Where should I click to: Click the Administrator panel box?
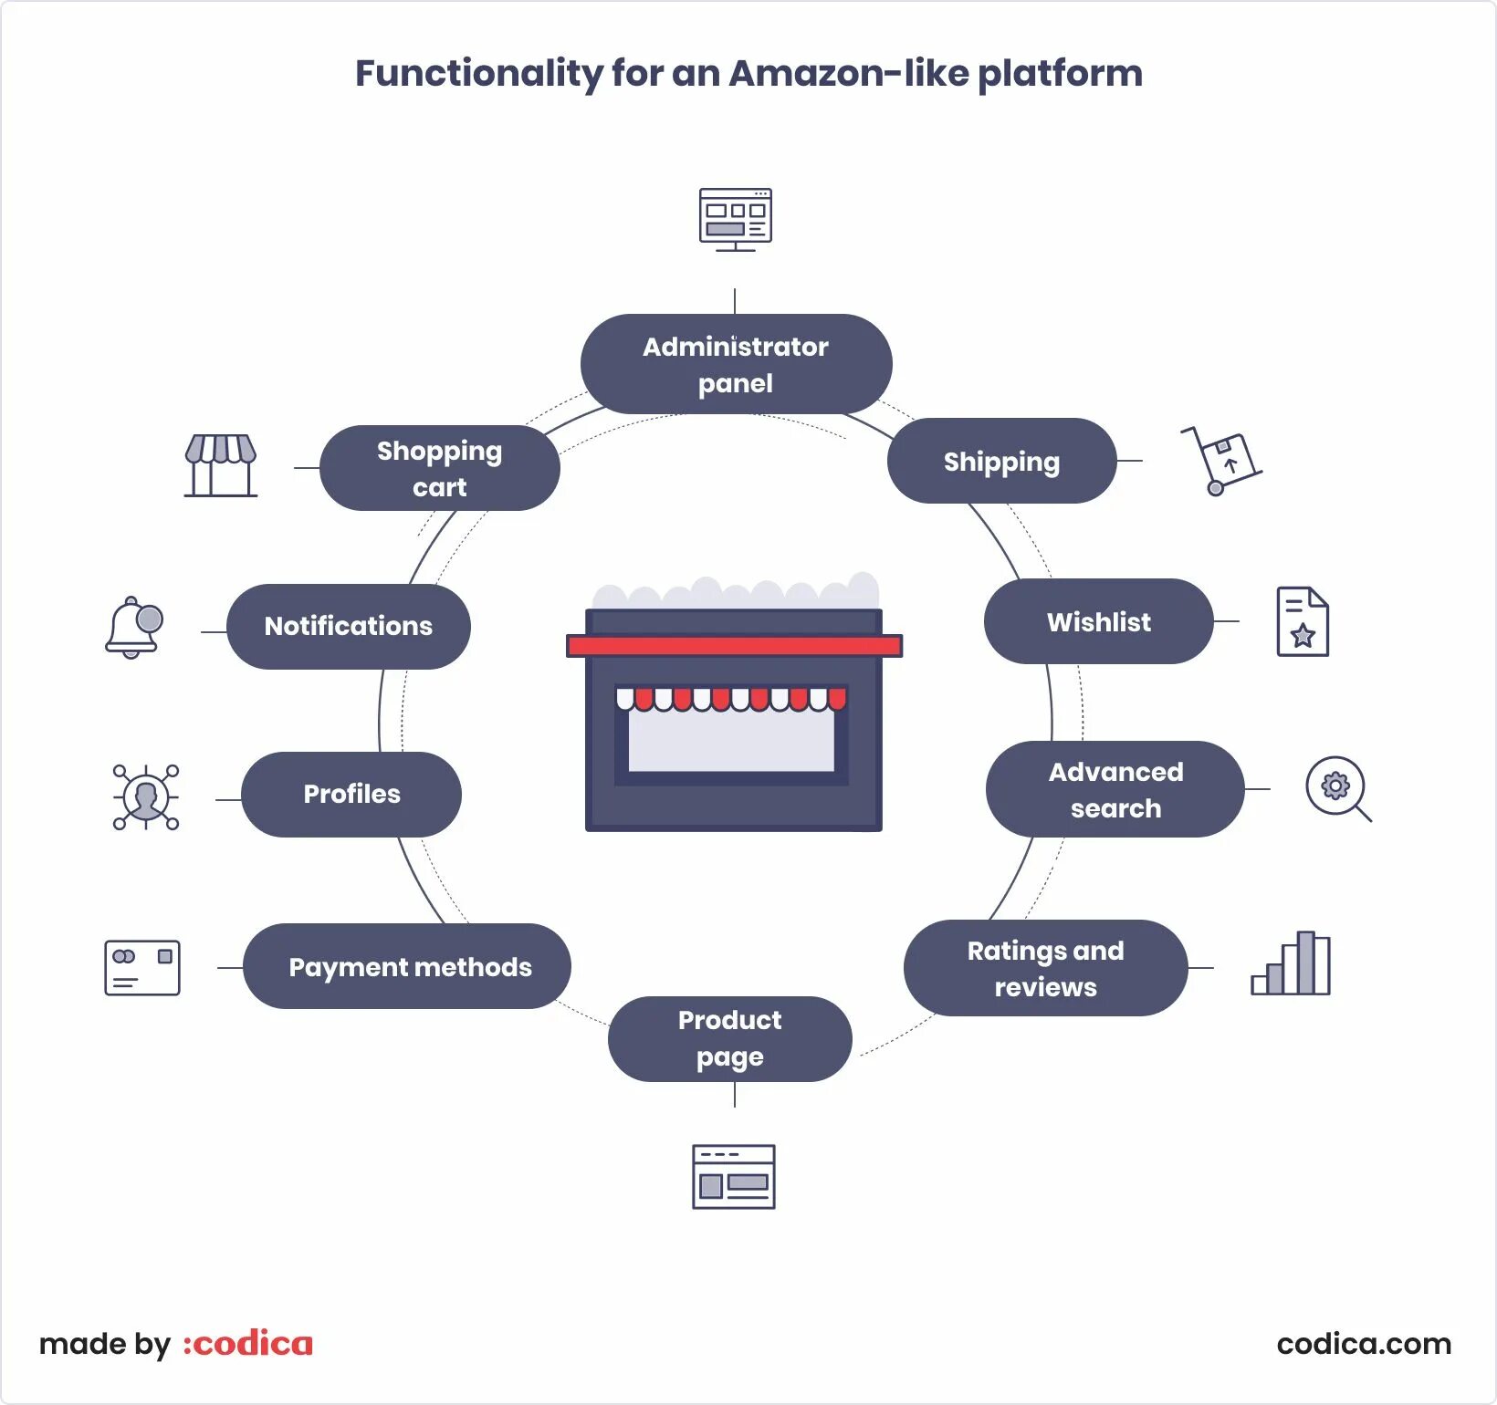pos(736,364)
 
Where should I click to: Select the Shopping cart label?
pos(439,468)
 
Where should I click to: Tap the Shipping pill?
pos(1001,461)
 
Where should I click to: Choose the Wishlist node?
pos(1098,621)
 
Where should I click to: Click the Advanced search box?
pos(1115,789)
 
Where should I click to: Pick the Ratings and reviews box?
pos(1045,968)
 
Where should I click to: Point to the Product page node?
pos(729,1038)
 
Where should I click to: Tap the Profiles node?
pos(351,794)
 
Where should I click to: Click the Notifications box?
pos(348,626)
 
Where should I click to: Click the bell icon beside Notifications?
pos(134,627)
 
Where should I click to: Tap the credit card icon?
pos(142,967)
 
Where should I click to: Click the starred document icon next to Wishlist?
pos(1303,621)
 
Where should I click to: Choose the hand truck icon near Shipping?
pos(1221,460)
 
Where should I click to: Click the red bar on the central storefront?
pos(734,646)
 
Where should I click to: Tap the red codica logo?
pos(248,1344)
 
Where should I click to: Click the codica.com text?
pos(1364,1344)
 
